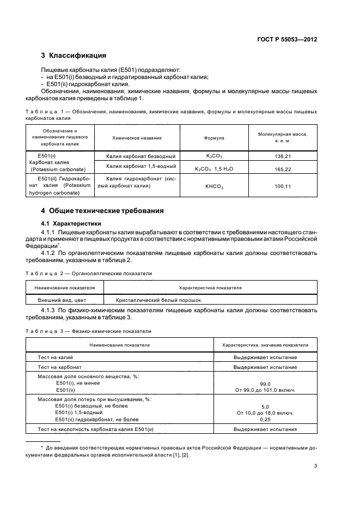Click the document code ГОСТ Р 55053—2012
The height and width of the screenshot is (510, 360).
287,40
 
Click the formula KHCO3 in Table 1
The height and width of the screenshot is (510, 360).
214,186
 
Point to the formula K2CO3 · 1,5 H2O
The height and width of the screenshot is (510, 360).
214,169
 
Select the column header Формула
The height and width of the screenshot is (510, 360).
214,138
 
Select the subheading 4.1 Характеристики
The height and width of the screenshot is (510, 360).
71,223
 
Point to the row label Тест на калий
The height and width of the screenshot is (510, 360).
55,357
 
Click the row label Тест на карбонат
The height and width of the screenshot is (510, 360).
59,367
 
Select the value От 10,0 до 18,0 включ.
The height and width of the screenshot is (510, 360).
265,413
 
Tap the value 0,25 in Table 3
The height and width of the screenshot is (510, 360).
265,420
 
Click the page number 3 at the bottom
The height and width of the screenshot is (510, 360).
315,466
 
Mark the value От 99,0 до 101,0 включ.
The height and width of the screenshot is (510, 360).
265,390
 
